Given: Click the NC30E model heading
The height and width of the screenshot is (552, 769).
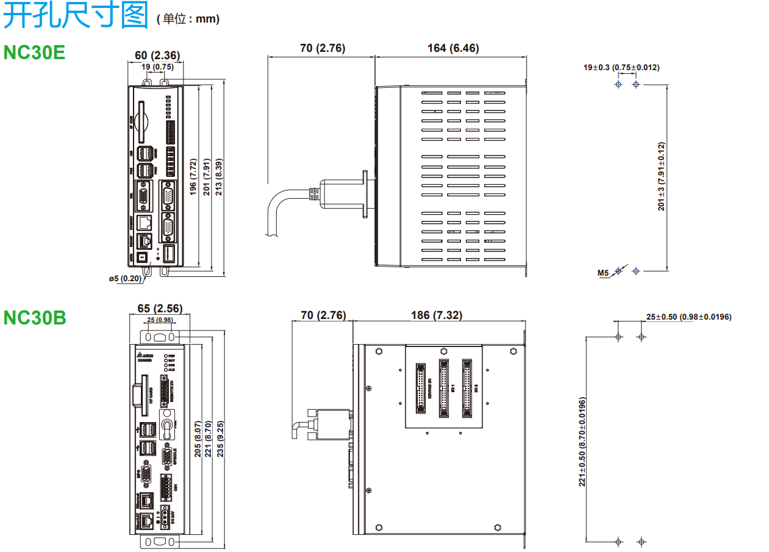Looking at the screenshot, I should click(34, 52).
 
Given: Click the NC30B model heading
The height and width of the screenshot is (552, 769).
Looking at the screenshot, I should click(35, 317).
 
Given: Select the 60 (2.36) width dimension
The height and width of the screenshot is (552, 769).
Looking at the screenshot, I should click(157, 56).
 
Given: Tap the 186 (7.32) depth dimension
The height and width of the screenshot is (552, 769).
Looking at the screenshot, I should click(437, 315).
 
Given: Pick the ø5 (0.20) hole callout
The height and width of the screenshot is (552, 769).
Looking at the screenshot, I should click(125, 279).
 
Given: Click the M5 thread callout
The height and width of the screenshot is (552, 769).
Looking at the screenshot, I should click(603, 273).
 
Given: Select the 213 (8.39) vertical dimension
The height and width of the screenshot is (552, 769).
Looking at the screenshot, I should click(218, 176).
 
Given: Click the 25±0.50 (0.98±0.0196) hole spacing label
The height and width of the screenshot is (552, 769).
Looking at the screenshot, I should click(689, 317).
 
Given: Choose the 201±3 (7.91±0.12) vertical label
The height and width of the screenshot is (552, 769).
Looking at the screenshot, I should click(662, 176).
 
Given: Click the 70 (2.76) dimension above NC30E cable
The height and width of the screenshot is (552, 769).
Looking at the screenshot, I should click(323, 48).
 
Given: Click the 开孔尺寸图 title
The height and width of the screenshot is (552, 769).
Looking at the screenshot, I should click(76, 16).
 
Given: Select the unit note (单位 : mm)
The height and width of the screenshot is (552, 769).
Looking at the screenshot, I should click(188, 20).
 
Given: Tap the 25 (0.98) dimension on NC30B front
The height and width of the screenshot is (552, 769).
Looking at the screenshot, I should click(160, 320).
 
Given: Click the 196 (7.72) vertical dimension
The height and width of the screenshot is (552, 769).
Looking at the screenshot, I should click(193, 176).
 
